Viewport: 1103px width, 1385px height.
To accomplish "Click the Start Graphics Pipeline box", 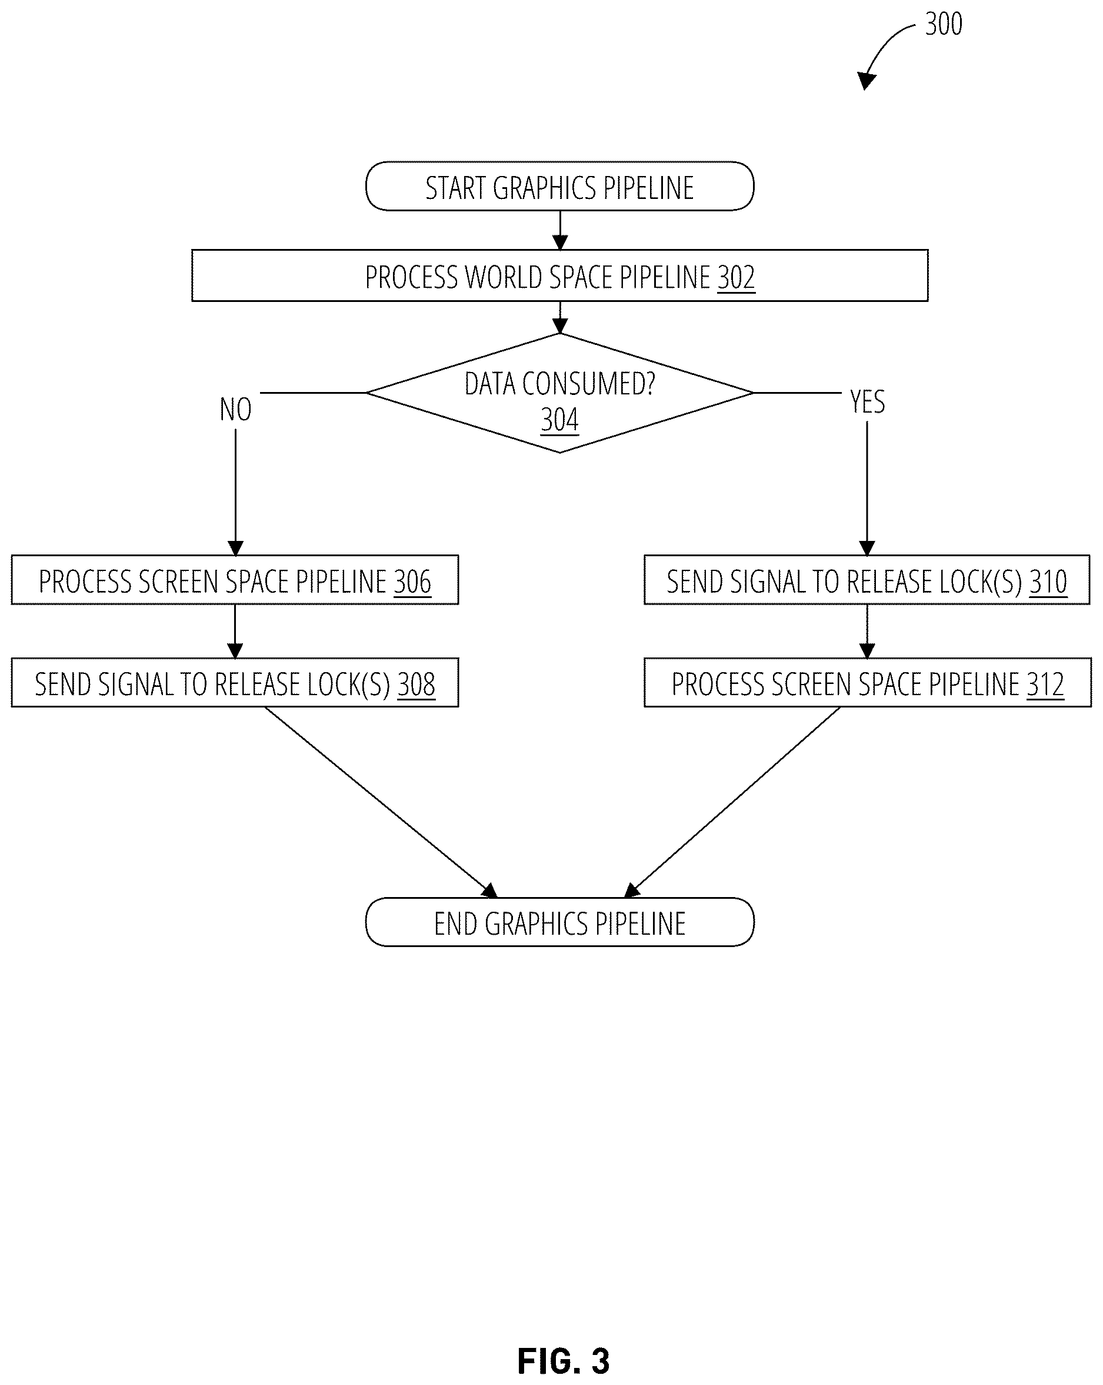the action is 559,186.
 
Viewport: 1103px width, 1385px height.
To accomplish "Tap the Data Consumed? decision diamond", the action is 559,393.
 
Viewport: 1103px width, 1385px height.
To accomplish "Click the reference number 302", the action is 736,277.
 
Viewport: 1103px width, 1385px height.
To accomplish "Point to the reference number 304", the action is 559,420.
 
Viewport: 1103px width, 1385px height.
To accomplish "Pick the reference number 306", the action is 412,582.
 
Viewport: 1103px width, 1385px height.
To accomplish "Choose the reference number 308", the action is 416,684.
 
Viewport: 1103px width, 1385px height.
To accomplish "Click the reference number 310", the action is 1048,582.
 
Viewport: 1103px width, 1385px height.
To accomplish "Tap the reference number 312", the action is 1045,684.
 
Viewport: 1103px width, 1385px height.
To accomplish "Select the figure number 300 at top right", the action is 943,24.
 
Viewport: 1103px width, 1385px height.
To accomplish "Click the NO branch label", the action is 236,409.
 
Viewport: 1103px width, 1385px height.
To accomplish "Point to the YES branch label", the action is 867,401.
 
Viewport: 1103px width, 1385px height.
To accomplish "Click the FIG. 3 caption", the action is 563,1361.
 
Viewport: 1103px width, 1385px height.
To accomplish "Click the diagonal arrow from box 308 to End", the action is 381,802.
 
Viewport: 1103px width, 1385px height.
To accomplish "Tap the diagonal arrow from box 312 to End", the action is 732,802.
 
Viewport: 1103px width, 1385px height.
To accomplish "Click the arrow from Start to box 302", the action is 560,231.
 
